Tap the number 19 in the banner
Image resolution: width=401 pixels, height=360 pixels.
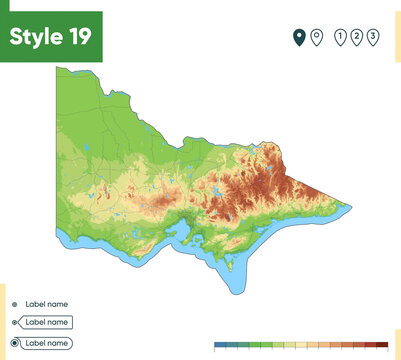79,36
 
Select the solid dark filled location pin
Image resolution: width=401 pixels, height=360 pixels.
298,38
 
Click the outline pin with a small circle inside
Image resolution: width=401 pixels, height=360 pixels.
316,38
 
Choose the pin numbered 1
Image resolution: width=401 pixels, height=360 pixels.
340,38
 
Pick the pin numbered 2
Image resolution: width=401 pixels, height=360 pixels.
357,38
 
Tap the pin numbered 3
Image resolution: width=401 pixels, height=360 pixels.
373,38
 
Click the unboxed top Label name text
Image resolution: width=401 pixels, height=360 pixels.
46,303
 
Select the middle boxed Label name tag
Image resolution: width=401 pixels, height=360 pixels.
46,322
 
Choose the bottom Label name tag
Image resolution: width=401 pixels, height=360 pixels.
46,342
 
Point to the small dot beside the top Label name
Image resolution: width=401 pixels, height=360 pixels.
14,303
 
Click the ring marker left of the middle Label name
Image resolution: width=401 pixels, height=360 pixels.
14,322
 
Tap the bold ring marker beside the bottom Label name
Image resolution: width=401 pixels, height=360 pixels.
14,342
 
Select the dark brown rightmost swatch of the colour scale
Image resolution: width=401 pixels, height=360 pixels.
381,344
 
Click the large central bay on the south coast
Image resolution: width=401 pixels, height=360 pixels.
184,235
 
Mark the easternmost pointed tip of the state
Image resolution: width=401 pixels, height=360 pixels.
350,206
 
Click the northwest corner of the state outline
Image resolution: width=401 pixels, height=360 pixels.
58,69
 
